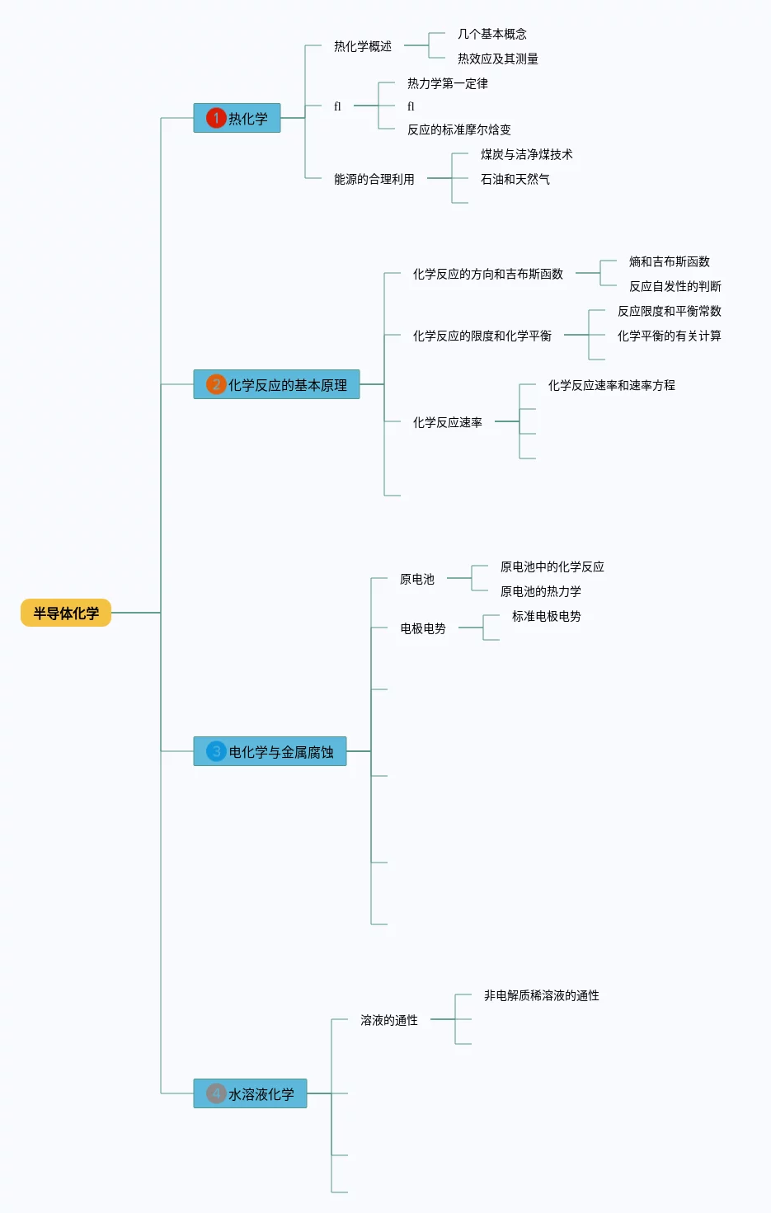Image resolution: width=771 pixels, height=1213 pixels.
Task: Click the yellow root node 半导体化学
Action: pos(66,613)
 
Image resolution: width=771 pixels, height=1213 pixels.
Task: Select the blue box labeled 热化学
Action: pos(237,118)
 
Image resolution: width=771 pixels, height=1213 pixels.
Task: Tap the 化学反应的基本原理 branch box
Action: pos(276,384)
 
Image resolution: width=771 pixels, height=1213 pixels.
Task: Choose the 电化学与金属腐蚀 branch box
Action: pos(270,751)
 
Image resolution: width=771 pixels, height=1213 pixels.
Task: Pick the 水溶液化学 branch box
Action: pos(250,1093)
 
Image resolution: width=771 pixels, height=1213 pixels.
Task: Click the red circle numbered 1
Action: pos(216,118)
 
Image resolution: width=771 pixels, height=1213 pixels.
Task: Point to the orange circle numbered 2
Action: pos(216,384)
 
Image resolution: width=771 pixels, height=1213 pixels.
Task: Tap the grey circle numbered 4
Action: pos(216,1093)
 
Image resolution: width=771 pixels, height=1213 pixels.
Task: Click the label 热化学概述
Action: pos(363,46)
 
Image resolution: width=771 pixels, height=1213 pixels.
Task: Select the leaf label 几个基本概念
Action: pos(492,34)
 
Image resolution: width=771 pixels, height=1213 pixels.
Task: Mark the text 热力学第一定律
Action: pos(448,83)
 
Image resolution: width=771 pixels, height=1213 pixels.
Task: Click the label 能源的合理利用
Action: pos(374,179)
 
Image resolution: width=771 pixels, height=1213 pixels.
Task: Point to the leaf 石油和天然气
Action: pos(515,179)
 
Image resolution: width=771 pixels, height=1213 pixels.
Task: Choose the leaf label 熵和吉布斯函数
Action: pos(670,261)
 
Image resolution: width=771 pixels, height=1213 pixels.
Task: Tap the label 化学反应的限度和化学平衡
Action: pos(482,336)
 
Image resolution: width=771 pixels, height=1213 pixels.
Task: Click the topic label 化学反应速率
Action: pos(448,422)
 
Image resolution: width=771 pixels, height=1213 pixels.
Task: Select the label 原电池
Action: pos(417,579)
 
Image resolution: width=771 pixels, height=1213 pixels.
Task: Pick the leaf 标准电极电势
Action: pos(547,616)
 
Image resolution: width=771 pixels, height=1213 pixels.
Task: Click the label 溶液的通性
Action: pos(389,1020)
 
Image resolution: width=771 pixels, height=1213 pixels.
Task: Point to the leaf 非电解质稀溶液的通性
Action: pos(542,995)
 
